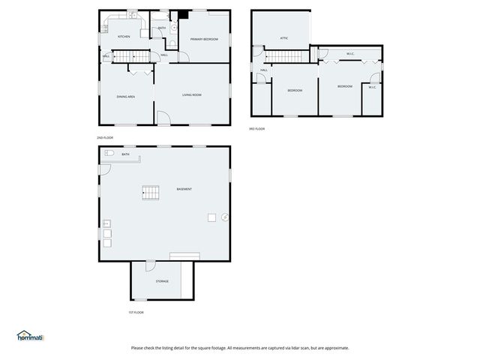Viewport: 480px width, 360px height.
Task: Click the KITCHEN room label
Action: click(x=124, y=37)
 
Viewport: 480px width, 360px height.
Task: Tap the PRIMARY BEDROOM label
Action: click(x=204, y=39)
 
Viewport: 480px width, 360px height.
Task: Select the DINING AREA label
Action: click(x=125, y=97)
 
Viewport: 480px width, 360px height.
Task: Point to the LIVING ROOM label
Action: click(x=192, y=95)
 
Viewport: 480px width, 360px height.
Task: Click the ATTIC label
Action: click(x=284, y=37)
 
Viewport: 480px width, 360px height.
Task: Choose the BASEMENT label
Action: click(x=184, y=189)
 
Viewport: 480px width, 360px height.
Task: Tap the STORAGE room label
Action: click(x=162, y=281)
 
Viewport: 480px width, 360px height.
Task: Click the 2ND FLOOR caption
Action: click(x=104, y=138)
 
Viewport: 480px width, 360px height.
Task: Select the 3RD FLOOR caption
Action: click(x=256, y=129)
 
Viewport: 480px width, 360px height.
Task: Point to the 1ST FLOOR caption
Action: click(x=136, y=312)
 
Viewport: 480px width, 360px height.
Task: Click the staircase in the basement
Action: click(x=151, y=193)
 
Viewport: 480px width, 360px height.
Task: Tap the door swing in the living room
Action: click(x=163, y=118)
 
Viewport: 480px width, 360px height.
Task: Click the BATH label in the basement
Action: click(x=126, y=155)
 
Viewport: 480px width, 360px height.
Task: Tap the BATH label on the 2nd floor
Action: click(x=162, y=28)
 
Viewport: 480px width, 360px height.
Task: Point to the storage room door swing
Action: click(x=150, y=265)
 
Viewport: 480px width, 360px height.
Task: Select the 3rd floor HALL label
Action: click(x=264, y=70)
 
